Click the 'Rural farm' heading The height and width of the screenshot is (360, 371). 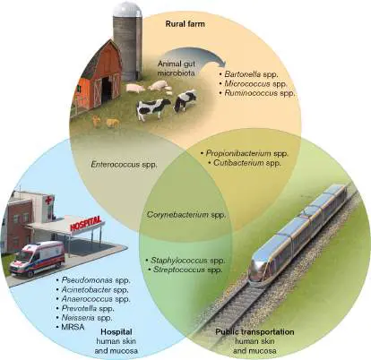pos(185,24)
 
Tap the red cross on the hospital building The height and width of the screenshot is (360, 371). pos(48,200)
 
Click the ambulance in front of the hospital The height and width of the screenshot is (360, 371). pos(38,259)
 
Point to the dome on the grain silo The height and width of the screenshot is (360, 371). pos(128,9)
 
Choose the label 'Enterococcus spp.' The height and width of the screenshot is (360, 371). pos(124,165)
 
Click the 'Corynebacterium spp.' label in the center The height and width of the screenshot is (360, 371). pos(186,215)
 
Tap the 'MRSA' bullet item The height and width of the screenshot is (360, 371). pos(70,327)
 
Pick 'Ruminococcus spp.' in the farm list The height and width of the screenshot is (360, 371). pos(257,93)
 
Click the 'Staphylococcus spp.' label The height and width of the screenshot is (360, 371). pos(185,261)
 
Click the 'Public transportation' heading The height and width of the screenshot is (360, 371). pos(255,332)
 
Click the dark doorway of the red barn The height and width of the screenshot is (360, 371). pos(107,89)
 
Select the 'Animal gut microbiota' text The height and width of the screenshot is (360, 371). pos(177,68)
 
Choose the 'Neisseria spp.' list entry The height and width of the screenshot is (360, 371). pos(84,318)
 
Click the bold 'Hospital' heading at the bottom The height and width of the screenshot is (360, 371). pos(116,332)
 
